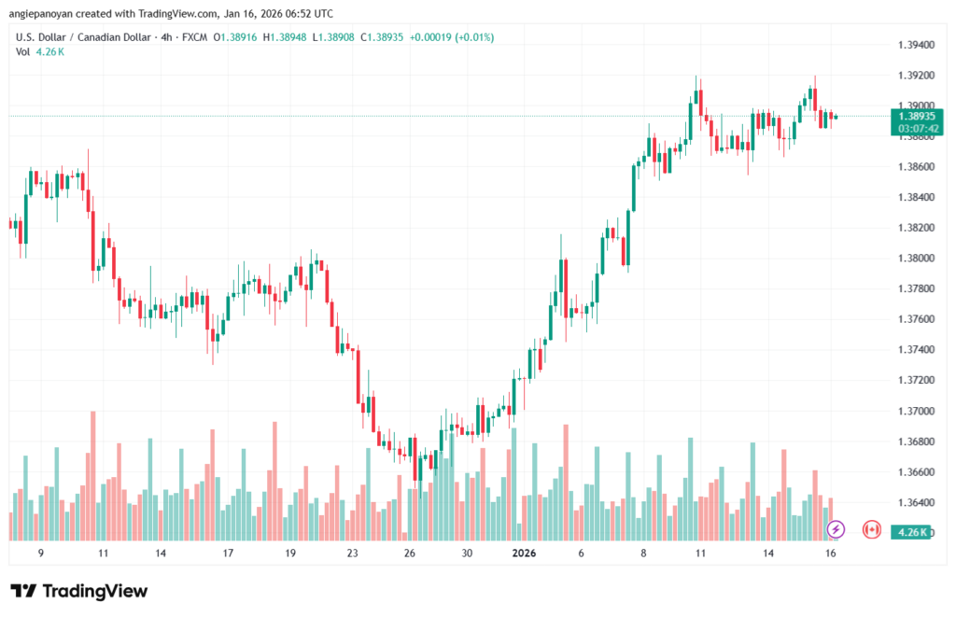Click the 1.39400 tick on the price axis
coord(916,45)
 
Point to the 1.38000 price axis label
coord(916,259)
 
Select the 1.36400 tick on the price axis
coord(916,502)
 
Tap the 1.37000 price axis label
coord(916,411)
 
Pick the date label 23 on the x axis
coord(352,553)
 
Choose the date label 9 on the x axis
coord(40,553)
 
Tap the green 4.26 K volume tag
coord(909,532)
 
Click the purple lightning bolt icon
coord(836,529)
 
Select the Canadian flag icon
coord(872,529)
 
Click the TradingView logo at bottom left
coord(79,591)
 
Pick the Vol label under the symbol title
coord(22,51)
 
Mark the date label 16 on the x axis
coord(831,553)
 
